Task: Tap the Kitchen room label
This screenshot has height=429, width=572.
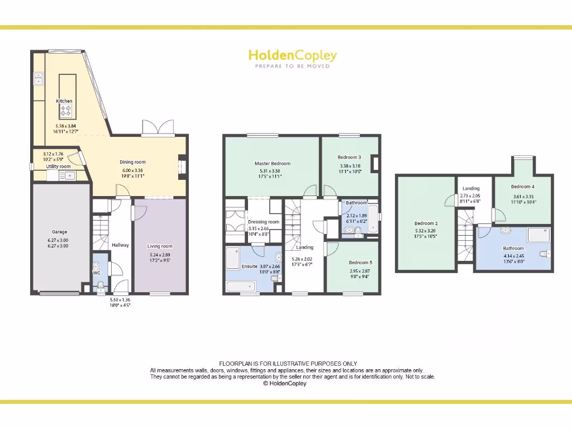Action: click(64, 101)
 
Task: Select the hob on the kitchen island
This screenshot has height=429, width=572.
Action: click(66, 109)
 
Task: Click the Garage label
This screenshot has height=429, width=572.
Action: click(60, 232)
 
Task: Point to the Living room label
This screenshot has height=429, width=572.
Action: click(160, 246)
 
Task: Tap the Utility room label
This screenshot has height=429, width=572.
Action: click(59, 166)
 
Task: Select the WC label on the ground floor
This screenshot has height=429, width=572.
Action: click(96, 273)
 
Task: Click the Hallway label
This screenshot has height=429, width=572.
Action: click(120, 245)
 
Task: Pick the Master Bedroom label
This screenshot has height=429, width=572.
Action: click(273, 164)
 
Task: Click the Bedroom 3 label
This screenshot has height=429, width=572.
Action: click(350, 158)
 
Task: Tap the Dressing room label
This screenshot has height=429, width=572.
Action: click(264, 222)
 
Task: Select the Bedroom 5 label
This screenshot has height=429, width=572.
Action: click(360, 263)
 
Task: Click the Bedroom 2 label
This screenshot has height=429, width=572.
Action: click(426, 223)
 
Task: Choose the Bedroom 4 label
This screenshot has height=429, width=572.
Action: click(523, 187)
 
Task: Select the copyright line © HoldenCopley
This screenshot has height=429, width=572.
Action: click(285, 384)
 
